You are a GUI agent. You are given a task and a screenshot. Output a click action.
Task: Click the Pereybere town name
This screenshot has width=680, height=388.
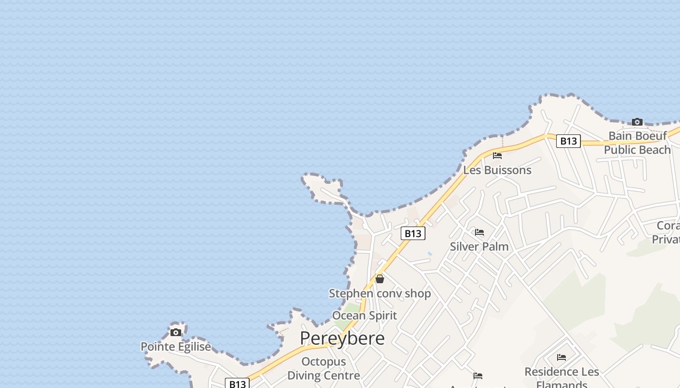pyautogui.click(x=342, y=338)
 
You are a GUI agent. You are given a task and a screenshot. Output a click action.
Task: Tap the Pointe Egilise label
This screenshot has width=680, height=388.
pyautogui.click(x=176, y=347)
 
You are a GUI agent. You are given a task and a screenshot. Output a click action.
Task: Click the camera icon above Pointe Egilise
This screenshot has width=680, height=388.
pyautogui.click(x=176, y=332)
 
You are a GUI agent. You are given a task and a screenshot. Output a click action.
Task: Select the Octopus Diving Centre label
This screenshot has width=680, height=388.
pyautogui.click(x=323, y=369)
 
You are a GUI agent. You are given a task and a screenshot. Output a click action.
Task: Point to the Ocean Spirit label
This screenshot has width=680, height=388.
pyautogui.click(x=364, y=316)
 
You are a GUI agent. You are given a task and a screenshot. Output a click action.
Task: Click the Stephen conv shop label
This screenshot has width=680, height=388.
pyautogui.click(x=380, y=293)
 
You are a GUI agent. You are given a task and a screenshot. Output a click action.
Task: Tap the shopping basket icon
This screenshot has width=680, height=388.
pyautogui.click(x=380, y=279)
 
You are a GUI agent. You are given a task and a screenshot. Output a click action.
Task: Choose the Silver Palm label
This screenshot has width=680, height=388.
pyautogui.click(x=479, y=246)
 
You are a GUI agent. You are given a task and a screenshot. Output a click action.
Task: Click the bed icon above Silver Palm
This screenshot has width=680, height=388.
pyautogui.click(x=479, y=232)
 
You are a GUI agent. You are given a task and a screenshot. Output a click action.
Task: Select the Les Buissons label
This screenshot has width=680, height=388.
pyautogui.click(x=497, y=170)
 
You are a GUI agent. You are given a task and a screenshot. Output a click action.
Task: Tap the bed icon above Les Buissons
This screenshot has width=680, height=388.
pyautogui.click(x=497, y=156)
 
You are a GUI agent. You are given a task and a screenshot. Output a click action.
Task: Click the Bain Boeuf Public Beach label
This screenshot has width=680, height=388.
pyautogui.click(x=637, y=143)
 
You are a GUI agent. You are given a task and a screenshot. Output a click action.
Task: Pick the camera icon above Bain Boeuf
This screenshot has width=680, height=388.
pyautogui.click(x=637, y=122)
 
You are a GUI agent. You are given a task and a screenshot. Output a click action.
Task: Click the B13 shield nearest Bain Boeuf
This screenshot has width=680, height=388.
pyautogui.click(x=568, y=141)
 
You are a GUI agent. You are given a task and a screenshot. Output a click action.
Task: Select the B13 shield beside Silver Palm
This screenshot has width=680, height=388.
pyautogui.click(x=413, y=233)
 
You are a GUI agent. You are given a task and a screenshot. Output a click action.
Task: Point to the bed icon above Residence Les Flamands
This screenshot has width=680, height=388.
pyautogui.click(x=561, y=357)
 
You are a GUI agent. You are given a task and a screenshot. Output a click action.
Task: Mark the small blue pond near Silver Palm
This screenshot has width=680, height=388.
pyautogui.click(x=429, y=253)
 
